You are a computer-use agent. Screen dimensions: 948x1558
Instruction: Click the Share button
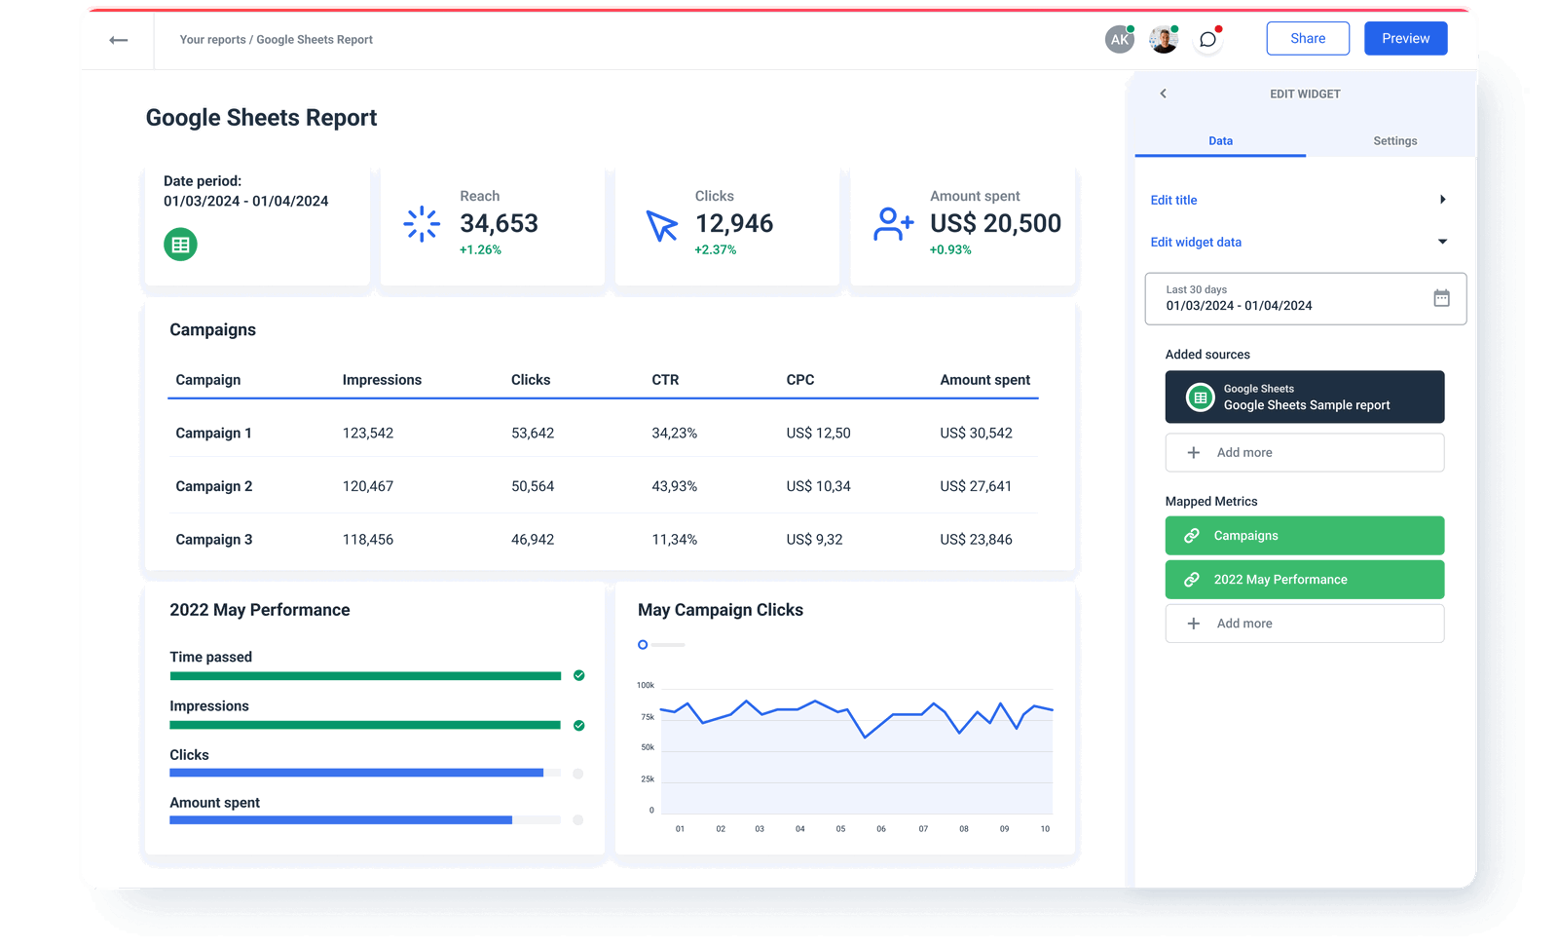(x=1307, y=39)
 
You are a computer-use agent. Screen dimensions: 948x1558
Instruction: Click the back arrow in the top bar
(x=119, y=40)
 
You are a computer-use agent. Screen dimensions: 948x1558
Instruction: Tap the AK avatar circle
(x=1120, y=40)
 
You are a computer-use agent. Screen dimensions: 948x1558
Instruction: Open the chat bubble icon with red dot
(x=1207, y=40)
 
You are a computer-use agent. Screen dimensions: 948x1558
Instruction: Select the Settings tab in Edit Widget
(x=1394, y=141)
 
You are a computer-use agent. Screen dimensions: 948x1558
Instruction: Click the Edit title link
(x=1173, y=200)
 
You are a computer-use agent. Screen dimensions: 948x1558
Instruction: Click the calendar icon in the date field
(x=1441, y=298)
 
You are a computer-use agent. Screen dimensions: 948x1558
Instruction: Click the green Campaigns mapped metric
(x=1304, y=536)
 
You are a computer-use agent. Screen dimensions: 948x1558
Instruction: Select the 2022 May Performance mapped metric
(x=1304, y=580)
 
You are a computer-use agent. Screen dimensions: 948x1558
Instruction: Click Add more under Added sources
(x=1304, y=453)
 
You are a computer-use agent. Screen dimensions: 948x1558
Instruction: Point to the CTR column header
(x=665, y=380)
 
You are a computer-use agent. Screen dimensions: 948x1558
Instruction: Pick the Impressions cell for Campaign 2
(x=368, y=486)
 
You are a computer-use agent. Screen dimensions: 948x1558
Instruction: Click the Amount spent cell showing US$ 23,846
(x=976, y=540)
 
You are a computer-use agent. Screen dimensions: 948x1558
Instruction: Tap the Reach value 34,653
(x=499, y=224)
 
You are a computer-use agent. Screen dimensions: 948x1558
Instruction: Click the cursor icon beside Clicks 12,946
(x=662, y=225)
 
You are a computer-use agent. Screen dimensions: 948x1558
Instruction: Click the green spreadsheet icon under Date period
(x=180, y=245)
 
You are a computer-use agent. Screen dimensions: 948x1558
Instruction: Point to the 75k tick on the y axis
(x=648, y=717)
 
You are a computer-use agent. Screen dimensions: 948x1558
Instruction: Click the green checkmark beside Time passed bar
(x=579, y=675)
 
